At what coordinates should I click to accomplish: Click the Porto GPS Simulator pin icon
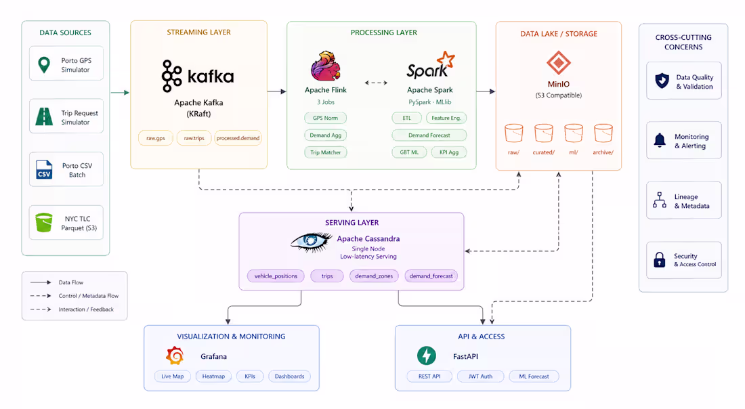tap(44, 64)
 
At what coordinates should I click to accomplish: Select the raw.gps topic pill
tap(155, 138)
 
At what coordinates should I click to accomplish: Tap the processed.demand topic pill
tap(238, 138)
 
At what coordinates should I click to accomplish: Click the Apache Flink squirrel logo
tap(326, 66)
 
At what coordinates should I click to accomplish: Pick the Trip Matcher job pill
tap(326, 152)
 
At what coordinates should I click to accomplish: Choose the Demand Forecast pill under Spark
tap(429, 135)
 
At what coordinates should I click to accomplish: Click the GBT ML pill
tap(409, 152)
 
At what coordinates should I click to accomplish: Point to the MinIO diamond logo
tap(558, 63)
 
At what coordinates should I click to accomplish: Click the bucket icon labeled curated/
tap(544, 133)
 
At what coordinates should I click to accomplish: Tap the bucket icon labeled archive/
tap(603, 133)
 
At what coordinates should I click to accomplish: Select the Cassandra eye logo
tap(312, 242)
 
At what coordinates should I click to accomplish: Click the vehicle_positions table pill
tap(276, 276)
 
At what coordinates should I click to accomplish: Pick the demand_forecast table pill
tap(431, 276)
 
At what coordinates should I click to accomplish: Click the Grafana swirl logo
tap(175, 356)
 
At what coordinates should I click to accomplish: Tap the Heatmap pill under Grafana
tap(213, 376)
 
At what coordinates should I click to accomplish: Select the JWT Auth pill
tap(480, 376)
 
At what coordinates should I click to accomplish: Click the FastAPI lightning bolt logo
tap(426, 356)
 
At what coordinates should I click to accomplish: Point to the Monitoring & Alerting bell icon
tap(660, 141)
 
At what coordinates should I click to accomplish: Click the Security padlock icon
tap(660, 260)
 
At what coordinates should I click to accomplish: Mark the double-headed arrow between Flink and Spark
tap(376, 83)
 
